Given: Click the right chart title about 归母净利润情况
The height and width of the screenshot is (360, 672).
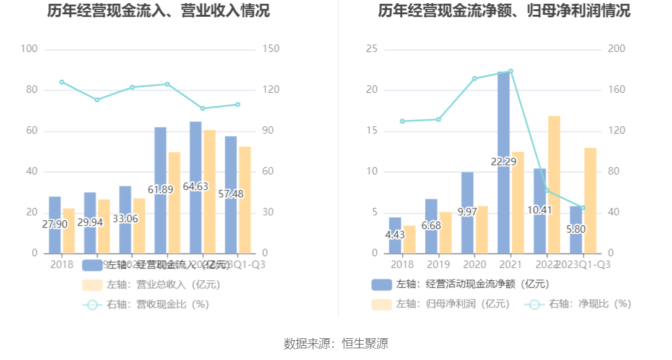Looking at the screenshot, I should tap(504, 11).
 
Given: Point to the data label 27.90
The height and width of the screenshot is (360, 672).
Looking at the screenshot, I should tap(54, 225).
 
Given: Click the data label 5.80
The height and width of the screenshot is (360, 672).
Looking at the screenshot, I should tap(575, 229).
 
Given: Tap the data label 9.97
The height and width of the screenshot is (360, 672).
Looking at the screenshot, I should tap(468, 212).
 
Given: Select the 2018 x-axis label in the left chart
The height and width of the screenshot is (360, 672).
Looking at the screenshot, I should tap(61, 264).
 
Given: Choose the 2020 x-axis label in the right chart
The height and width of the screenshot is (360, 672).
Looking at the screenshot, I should tap(475, 264).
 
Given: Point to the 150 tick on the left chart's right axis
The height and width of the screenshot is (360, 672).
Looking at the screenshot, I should tap(271, 49).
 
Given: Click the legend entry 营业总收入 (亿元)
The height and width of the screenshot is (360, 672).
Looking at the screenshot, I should tap(152, 285).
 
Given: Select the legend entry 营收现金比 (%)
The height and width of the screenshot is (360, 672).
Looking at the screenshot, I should tap(147, 304).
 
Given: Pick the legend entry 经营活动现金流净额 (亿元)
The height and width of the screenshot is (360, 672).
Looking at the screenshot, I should tap(460, 285).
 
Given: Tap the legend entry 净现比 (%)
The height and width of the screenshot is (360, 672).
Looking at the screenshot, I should tap(578, 304).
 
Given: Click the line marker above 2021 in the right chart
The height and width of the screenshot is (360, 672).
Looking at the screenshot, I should tap(510, 71).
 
